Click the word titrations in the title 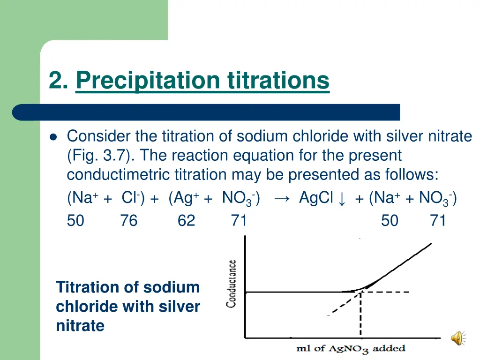pyautogui.click(x=278, y=80)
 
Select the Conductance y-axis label pyautogui.click(x=231, y=284)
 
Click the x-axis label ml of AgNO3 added pyautogui.click(x=350, y=348)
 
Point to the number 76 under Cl pyautogui.click(x=128, y=220)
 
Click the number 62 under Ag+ pyautogui.click(x=186, y=220)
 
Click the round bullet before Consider pyautogui.click(x=52, y=137)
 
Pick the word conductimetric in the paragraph pyautogui.click(x=119, y=174)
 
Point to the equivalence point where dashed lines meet pyautogui.click(x=360, y=292)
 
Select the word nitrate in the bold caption pyautogui.click(x=80, y=325)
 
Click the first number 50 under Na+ pyautogui.click(x=75, y=220)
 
